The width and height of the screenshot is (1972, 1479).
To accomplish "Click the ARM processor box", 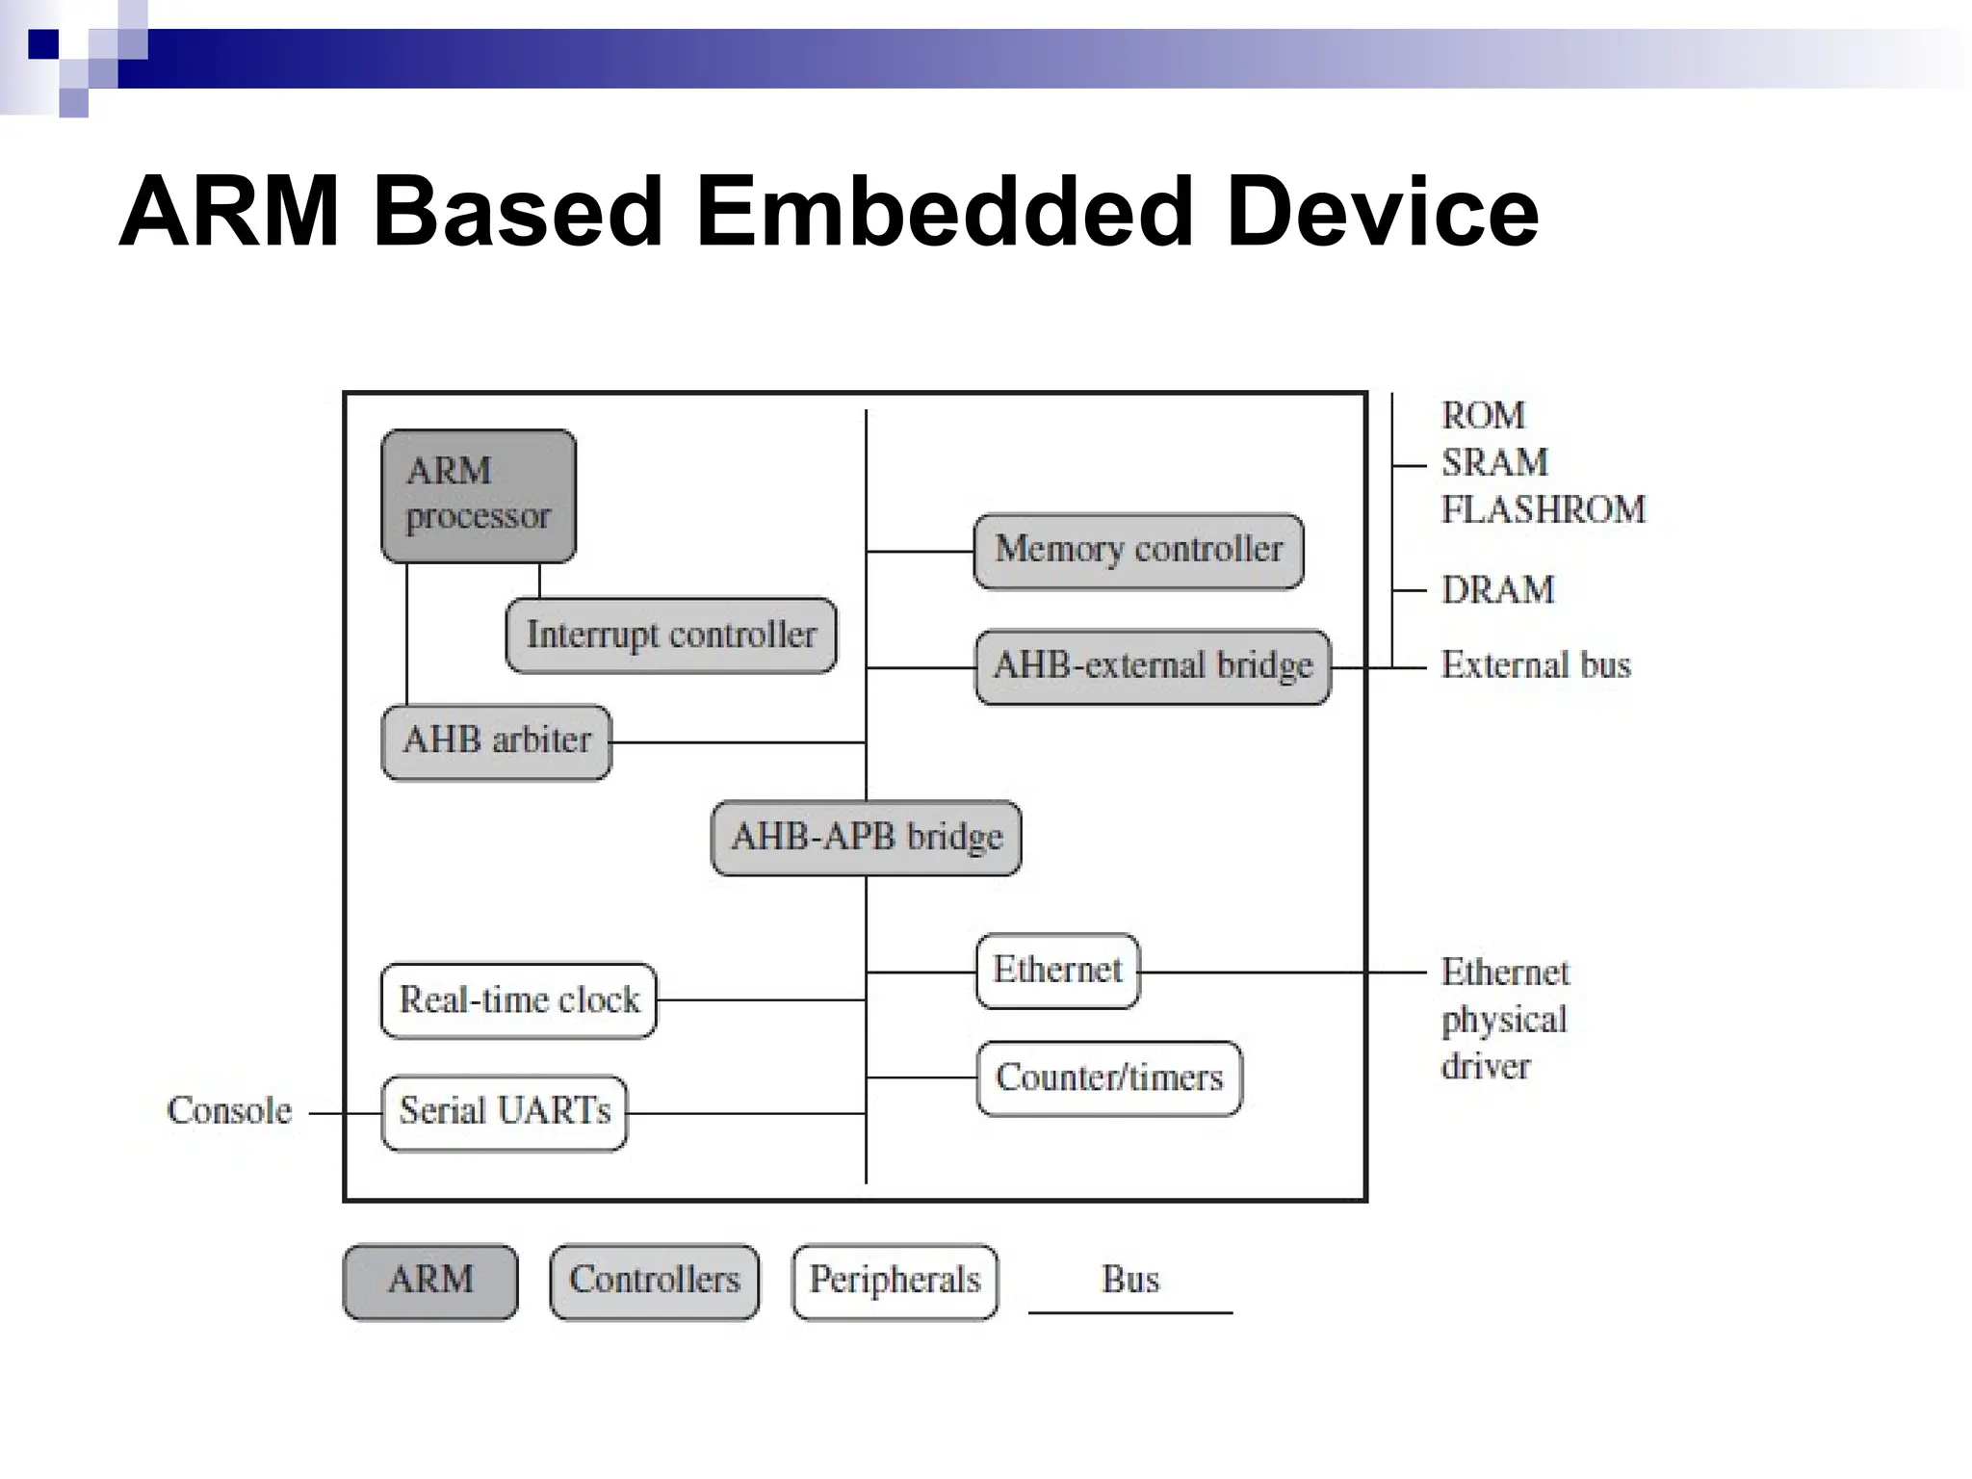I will click(479, 495).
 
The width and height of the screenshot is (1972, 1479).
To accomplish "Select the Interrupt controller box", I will click(671, 635).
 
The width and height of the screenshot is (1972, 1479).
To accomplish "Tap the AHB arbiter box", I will click(497, 741).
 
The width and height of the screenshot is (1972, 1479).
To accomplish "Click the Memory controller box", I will click(1138, 550).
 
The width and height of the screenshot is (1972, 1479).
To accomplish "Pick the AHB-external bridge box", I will click(1153, 666).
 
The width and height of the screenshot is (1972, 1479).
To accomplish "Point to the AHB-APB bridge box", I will click(866, 837).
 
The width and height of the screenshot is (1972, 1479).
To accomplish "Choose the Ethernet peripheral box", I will click(1057, 971).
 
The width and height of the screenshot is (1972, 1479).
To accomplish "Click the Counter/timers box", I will click(1109, 1077).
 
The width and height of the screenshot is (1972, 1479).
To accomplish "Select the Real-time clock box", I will click(519, 1000).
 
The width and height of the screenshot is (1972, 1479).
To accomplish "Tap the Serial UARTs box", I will click(505, 1112).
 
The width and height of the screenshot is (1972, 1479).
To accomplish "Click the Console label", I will click(229, 1111).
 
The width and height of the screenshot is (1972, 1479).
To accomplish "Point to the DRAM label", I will click(1497, 589).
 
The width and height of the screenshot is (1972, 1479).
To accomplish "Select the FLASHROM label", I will click(1543, 509).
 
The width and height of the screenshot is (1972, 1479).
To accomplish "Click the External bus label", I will click(1536, 665).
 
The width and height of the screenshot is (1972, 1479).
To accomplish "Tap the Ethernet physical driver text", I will click(1504, 1019).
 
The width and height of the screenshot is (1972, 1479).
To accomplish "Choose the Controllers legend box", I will click(655, 1281).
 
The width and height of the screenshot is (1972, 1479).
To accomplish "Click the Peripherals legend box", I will click(895, 1281).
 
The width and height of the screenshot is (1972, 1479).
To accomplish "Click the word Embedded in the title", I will click(945, 212).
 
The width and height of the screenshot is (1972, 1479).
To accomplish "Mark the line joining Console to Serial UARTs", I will click(346, 1113).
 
